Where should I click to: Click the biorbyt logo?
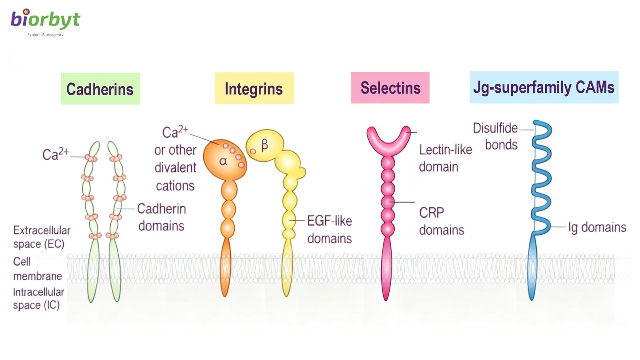tap(45, 19)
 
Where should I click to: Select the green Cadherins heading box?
tap(100, 89)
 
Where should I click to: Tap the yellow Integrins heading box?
tap(254, 88)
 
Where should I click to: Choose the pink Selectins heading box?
tap(390, 88)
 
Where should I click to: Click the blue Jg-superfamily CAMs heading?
tap(544, 87)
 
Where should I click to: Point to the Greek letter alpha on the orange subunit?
tap(223, 161)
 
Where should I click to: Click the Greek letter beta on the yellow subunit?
tap(264, 145)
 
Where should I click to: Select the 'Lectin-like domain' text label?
tap(445, 158)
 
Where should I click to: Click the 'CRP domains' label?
tap(441, 221)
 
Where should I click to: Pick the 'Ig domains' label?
tap(597, 227)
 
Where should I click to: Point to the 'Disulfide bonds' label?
tap(496, 136)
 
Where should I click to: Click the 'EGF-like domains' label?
tap(329, 230)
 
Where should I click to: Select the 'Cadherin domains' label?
tap(161, 217)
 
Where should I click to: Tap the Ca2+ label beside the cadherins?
tap(55, 154)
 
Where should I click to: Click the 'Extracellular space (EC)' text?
tap(41, 237)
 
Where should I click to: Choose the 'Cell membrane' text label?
tap(37, 269)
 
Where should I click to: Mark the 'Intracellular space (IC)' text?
tap(38, 298)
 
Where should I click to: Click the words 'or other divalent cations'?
tap(175, 168)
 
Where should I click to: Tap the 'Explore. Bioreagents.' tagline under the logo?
tap(45, 35)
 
